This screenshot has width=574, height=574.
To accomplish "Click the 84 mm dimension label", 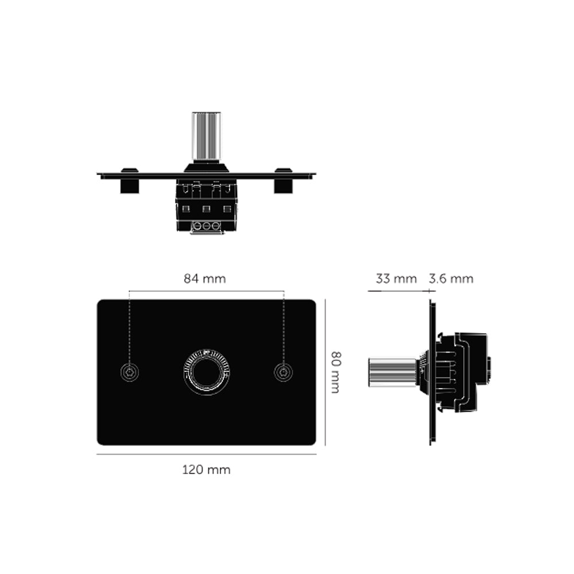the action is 205,279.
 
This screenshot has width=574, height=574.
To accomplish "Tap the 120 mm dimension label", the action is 207,470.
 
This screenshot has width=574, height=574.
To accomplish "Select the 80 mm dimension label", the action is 336,373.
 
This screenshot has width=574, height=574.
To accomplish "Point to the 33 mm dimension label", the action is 396,279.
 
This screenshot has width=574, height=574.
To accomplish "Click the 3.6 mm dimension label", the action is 451,279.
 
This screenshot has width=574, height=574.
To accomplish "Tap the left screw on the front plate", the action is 130,373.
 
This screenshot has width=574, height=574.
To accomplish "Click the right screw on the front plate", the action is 284,373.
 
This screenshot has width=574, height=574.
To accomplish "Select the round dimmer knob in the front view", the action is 207,372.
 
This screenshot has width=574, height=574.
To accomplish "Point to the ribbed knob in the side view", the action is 392,372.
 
